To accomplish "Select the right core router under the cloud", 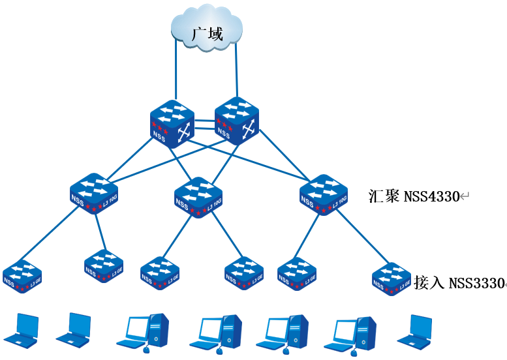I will [x=236, y=119].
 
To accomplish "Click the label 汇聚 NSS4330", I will [x=418, y=196].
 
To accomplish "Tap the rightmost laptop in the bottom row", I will [x=418, y=330].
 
